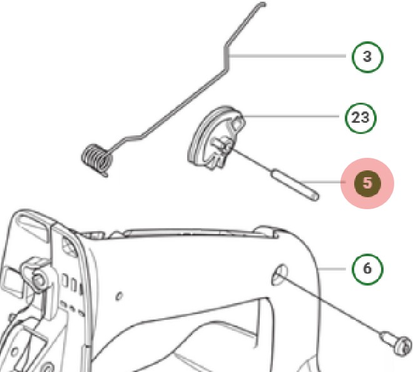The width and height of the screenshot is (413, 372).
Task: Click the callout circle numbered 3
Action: click(367, 56)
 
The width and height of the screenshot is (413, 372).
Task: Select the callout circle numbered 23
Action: click(361, 117)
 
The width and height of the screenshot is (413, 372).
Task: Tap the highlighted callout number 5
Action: click(367, 183)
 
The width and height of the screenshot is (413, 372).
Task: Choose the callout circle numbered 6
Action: click(367, 268)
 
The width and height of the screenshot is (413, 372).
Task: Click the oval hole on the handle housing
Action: click(280, 274)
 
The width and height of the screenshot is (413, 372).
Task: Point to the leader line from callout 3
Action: click(288, 56)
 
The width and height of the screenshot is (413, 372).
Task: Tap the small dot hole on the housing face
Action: click(120, 294)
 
